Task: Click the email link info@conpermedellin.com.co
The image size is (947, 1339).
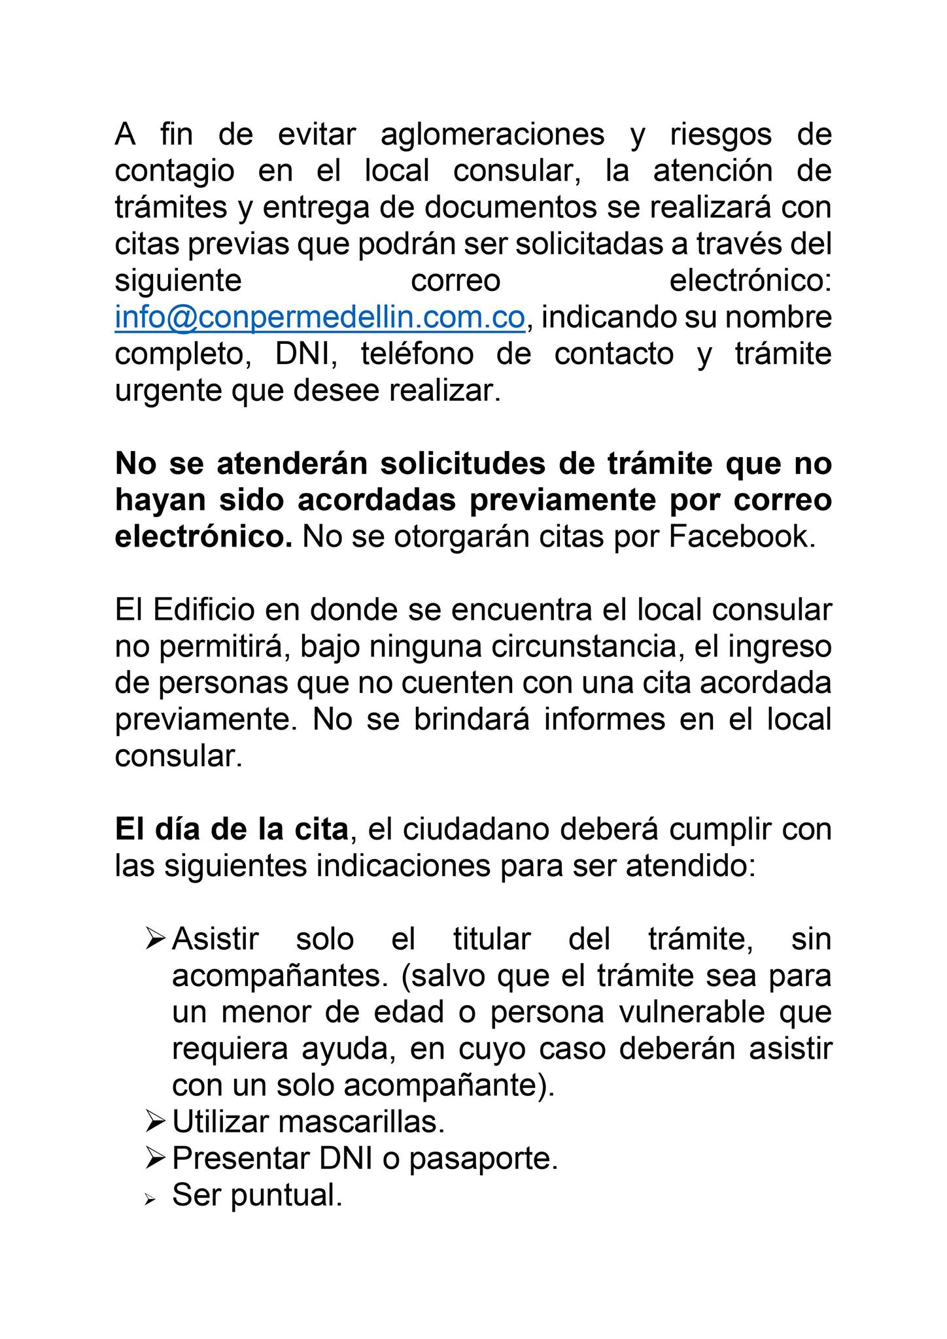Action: coord(320,318)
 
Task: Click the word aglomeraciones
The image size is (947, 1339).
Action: coord(492,135)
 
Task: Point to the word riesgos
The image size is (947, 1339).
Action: coord(721,135)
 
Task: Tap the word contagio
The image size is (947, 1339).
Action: coord(175,171)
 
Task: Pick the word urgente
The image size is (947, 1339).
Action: coord(167,391)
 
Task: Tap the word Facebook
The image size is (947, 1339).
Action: coord(742,537)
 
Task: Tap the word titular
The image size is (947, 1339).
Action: coord(492,940)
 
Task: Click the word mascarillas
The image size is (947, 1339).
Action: coord(362,1122)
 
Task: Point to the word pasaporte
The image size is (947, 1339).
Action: coord(483,1159)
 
